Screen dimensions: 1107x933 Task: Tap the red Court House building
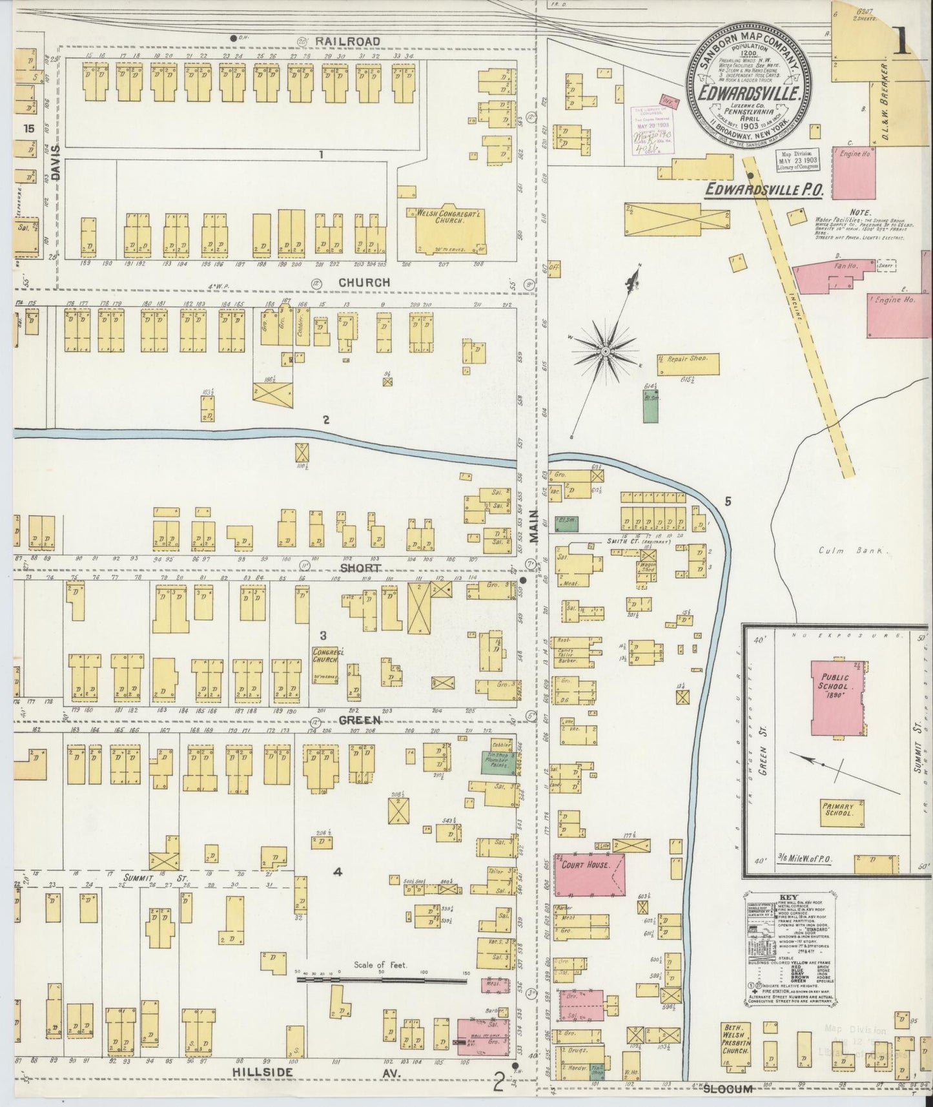[x=590, y=874]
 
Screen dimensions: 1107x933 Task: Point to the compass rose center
[x=606, y=351]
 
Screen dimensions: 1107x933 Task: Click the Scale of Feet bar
[x=381, y=980]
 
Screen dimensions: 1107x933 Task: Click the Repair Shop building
[x=688, y=364]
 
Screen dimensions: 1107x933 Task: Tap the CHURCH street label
[x=365, y=282]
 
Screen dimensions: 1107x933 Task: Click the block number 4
[x=337, y=873]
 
